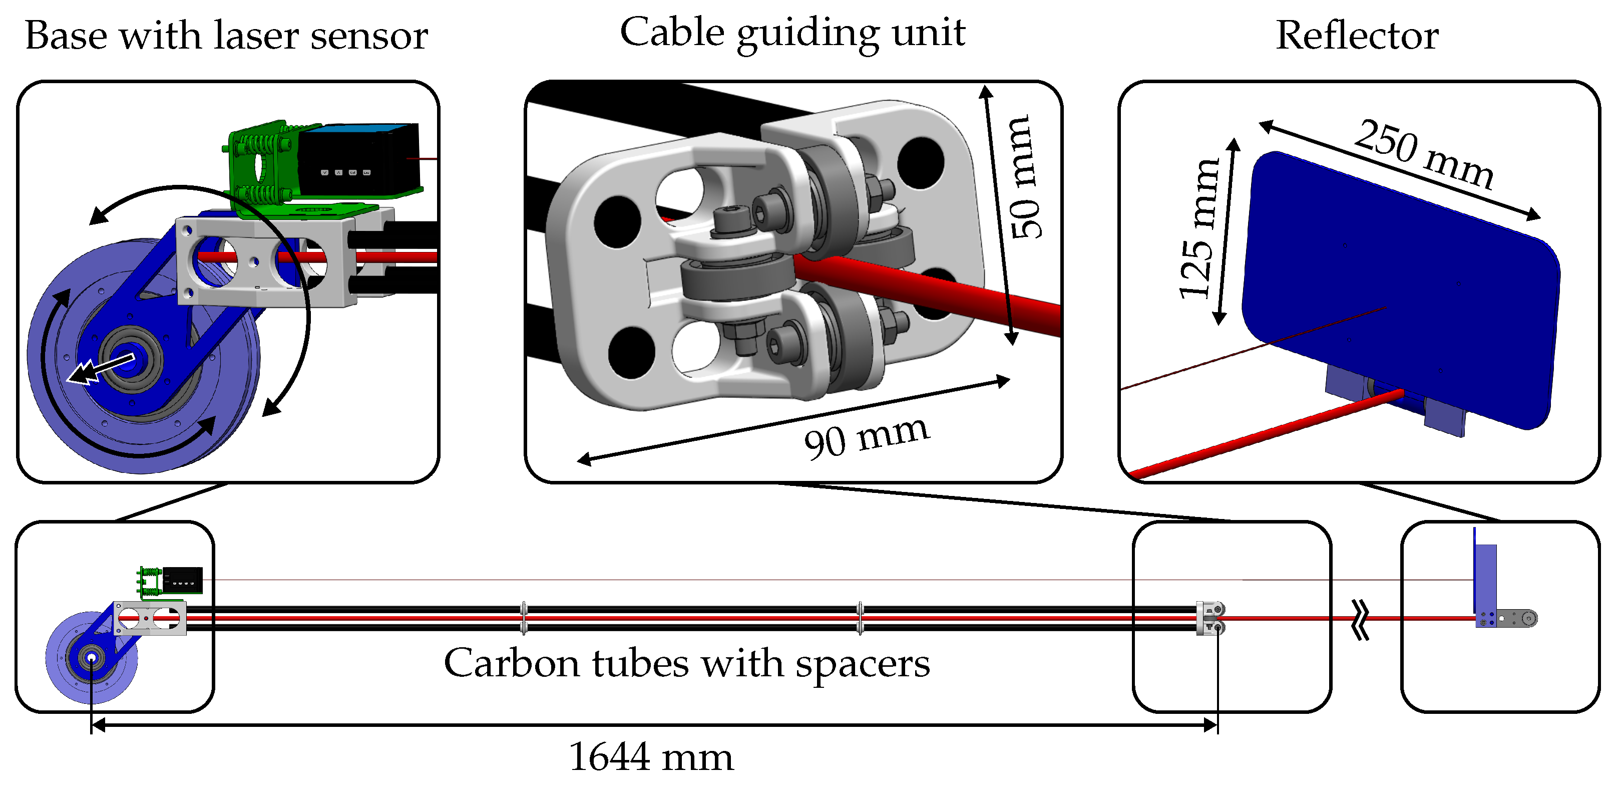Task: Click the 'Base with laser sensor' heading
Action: click(x=226, y=36)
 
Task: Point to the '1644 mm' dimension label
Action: click(x=650, y=756)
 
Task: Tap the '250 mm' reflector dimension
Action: click(x=1424, y=154)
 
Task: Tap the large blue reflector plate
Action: click(x=1402, y=290)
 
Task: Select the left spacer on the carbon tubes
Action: click(x=524, y=618)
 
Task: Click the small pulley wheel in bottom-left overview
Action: click(x=91, y=658)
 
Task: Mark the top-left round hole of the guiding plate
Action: click(x=617, y=221)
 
